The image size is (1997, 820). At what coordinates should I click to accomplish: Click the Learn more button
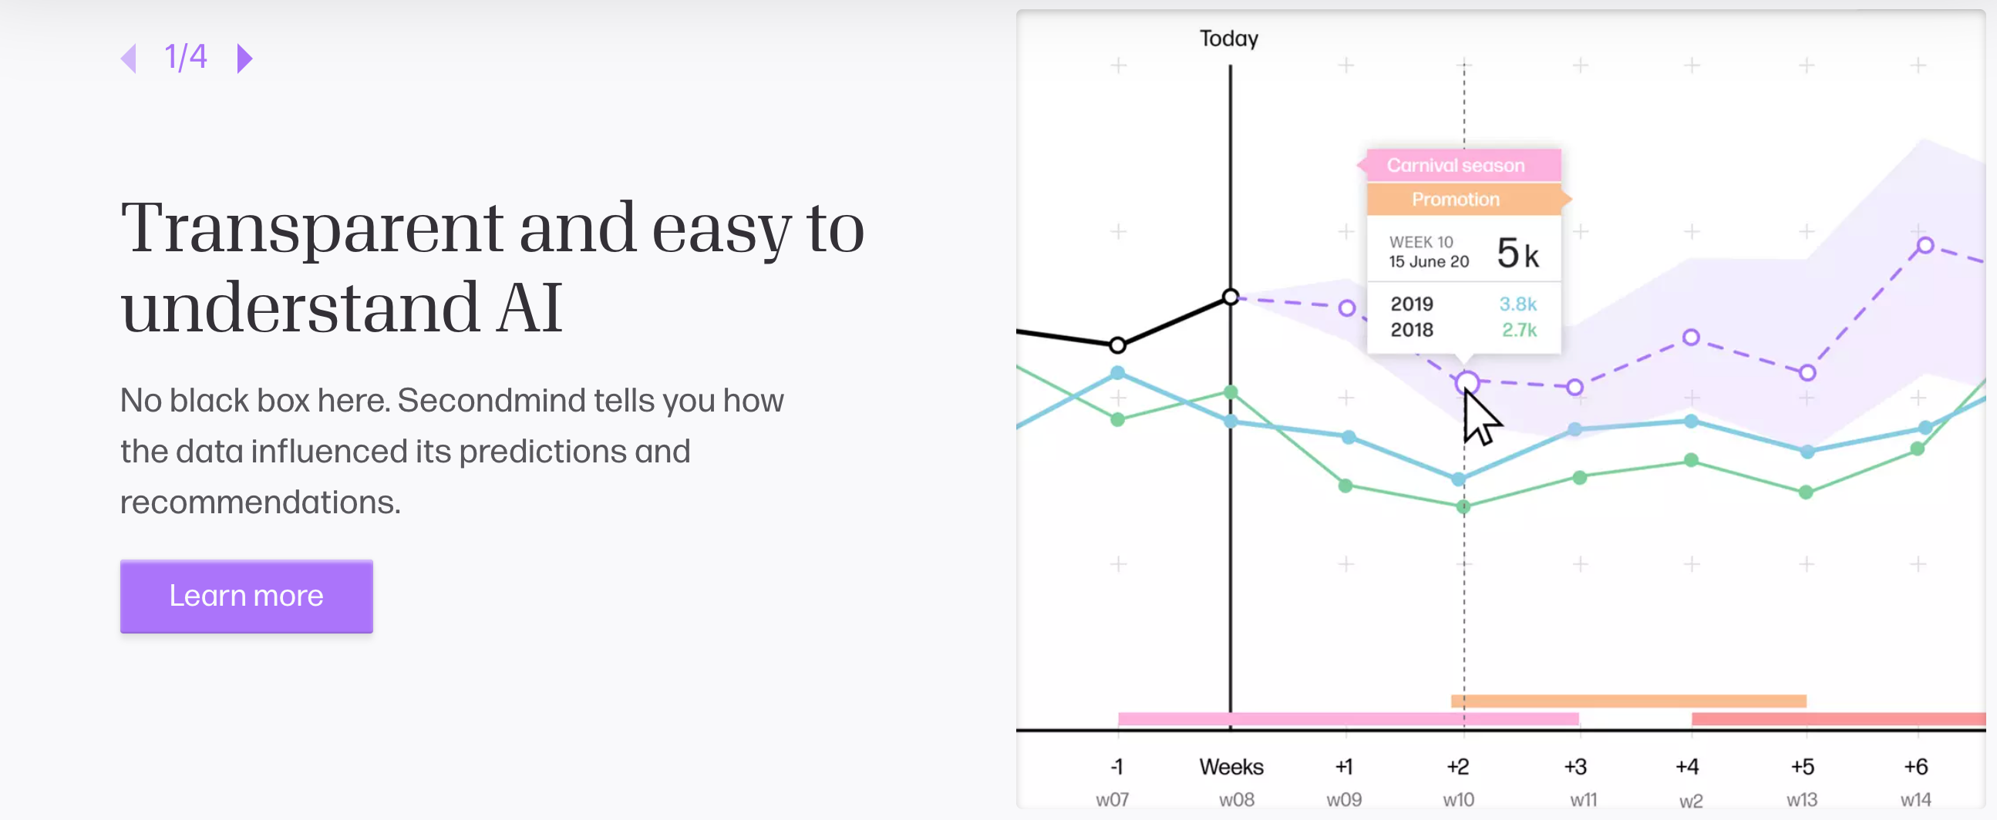coord(246,596)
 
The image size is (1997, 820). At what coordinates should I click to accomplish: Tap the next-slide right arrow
coord(244,58)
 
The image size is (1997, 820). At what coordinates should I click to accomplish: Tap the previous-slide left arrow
coord(130,58)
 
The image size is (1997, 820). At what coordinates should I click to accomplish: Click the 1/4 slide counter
coord(186,57)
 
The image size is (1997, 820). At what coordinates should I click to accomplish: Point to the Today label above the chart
coord(1228,38)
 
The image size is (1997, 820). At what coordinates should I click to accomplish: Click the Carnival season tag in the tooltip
coord(1455,165)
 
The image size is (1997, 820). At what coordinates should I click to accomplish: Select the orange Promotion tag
coord(1455,199)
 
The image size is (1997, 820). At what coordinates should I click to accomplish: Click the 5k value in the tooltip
coord(1517,254)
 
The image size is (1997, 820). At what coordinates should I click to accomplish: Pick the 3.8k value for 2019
coord(1517,304)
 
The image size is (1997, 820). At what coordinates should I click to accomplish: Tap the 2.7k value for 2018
coord(1519,330)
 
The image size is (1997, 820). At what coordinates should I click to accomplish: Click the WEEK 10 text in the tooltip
coord(1420,242)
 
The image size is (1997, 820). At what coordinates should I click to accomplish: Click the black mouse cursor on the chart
coord(1479,418)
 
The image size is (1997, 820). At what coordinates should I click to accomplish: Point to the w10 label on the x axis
coord(1458,799)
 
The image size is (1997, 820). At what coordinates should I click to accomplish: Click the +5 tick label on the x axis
coord(1802,767)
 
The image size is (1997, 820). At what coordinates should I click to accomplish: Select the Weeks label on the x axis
coord(1231,767)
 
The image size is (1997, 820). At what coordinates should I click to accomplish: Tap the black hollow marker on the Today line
coord(1231,297)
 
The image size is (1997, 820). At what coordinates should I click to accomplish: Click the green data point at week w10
coord(1463,507)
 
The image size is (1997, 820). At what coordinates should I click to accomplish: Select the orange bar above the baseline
coord(1628,701)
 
